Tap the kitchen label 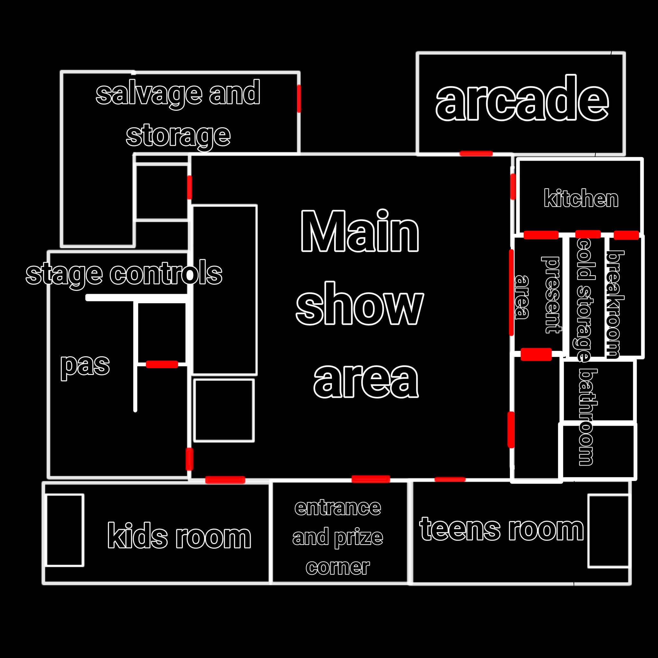click(581, 198)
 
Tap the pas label click(85, 366)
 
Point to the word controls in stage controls click(166, 273)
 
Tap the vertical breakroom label click(615, 304)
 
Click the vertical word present click(550, 295)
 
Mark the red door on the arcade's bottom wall click(476, 153)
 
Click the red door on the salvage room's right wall click(299, 98)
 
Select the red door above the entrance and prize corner click(370, 479)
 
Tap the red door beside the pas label click(162, 364)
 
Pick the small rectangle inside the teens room click(608, 531)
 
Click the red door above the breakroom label click(626, 235)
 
